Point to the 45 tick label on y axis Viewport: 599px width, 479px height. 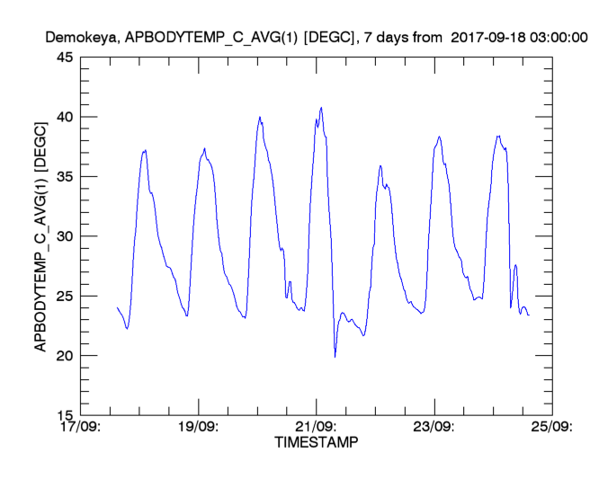65,58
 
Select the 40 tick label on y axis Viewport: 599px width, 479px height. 65,117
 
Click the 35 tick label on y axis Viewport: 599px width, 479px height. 65,177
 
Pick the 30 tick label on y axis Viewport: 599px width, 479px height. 65,236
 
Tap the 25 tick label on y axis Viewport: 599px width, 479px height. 65,296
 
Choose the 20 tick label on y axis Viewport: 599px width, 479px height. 65,356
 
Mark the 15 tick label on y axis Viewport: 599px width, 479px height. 65,415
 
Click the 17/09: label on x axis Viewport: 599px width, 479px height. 82,428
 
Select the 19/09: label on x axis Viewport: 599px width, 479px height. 199,428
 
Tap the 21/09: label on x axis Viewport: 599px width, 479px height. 317,428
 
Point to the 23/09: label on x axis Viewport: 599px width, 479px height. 434,428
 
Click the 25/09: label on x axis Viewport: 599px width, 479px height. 552,428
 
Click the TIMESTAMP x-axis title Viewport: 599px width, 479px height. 316,444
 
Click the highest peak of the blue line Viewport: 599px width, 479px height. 321,108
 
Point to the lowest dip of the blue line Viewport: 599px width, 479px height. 335,357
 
